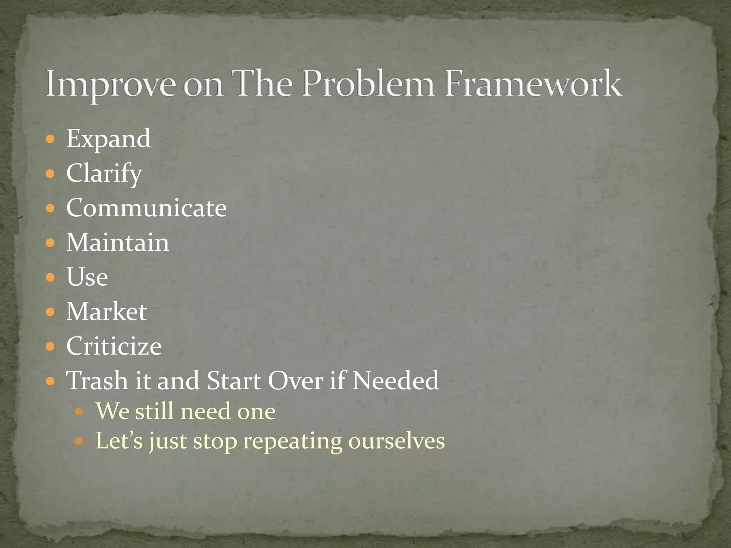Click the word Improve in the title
pos(111,84)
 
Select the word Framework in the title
pos(533,84)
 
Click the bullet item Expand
pos(109,139)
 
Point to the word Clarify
pos(104,173)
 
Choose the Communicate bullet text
pos(146,208)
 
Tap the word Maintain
pos(118,243)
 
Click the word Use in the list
pos(87,277)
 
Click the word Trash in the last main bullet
pos(97,381)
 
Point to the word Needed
pos(395,381)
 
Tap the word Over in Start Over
pos(296,381)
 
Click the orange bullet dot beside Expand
pos(50,139)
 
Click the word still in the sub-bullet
pos(154,411)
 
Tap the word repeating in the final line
pos(292,441)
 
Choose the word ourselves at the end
pos(396,441)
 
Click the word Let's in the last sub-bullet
pos(119,441)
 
